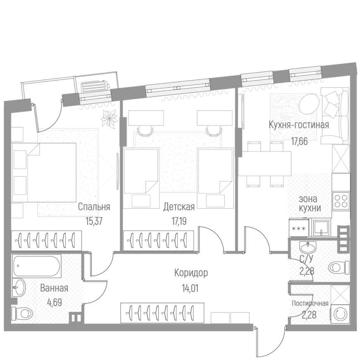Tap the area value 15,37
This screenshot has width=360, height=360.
94,221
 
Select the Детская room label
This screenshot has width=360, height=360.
179,207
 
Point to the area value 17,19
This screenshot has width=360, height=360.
179,221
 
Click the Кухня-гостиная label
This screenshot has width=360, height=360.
299,125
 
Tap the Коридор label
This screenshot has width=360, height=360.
191,273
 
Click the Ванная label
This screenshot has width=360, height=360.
54,288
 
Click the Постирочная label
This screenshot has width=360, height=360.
310,303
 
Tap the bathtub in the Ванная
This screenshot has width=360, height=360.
37,266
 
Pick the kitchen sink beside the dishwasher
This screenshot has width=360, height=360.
321,227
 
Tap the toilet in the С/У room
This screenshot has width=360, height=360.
339,267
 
